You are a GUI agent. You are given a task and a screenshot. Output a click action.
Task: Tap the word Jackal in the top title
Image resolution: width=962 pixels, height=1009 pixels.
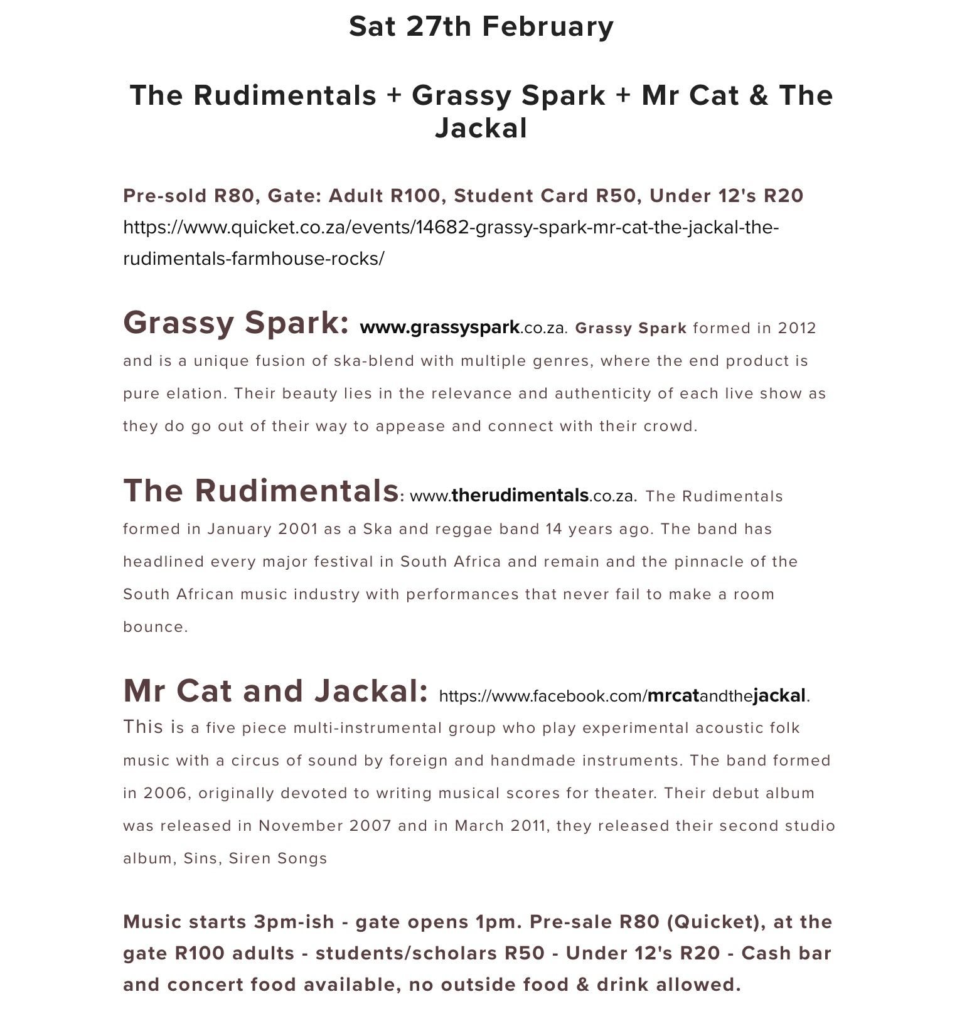(481, 129)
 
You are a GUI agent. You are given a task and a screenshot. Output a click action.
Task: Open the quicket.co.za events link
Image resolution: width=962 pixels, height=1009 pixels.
(451, 242)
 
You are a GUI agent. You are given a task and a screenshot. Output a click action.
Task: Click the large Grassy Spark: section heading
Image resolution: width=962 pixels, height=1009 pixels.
(236, 323)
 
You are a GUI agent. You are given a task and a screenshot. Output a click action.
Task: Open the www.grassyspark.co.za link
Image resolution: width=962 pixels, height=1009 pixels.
(462, 328)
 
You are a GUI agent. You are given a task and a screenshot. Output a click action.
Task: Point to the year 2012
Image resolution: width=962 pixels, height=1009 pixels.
(796, 328)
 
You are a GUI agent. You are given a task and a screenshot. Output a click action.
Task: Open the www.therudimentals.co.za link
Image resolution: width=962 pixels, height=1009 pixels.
(522, 496)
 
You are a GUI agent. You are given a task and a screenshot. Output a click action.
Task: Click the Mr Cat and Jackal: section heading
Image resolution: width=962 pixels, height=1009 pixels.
(275, 691)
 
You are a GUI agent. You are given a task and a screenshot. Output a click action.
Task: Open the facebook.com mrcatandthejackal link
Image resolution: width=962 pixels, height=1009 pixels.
(623, 696)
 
